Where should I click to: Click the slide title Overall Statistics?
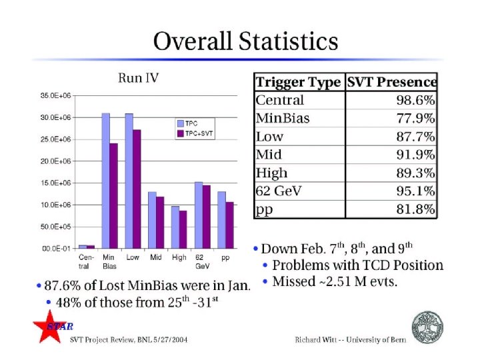245,42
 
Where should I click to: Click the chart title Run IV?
139,78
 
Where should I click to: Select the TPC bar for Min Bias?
105,181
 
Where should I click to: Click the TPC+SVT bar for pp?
230,225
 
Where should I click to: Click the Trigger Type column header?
299,83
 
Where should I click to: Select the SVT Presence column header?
392,83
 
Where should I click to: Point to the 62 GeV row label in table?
279,191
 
